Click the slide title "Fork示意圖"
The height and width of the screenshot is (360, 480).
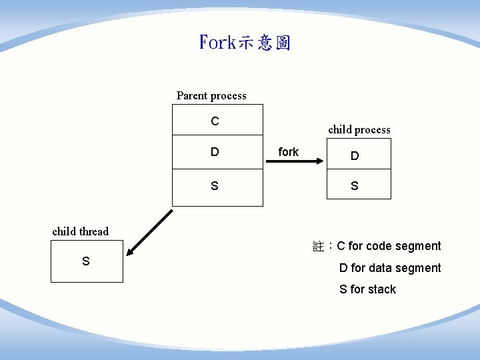pyautogui.click(x=245, y=43)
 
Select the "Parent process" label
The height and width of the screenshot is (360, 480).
pyautogui.click(x=211, y=96)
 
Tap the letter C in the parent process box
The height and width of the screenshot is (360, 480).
pyautogui.click(x=215, y=121)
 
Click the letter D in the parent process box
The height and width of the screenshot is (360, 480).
pyautogui.click(x=215, y=152)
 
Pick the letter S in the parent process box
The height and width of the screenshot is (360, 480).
pyautogui.click(x=215, y=186)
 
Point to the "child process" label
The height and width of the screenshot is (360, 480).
pyautogui.click(x=359, y=130)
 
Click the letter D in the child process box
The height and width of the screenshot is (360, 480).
pyautogui.click(x=355, y=156)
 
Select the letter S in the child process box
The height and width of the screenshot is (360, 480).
pyautogui.click(x=355, y=186)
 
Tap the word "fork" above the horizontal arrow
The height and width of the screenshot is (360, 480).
pyautogui.click(x=289, y=152)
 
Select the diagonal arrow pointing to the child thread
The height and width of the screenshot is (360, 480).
pyautogui.click(x=150, y=233)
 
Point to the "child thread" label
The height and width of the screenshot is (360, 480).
pyautogui.click(x=80, y=232)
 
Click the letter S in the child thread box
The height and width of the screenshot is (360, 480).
pyautogui.click(x=86, y=261)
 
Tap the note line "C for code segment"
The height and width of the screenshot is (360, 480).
pyautogui.click(x=389, y=246)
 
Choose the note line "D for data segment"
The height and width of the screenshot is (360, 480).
pyautogui.click(x=390, y=268)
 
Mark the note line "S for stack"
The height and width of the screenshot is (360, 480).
pyautogui.click(x=367, y=289)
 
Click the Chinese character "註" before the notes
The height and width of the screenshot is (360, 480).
pyautogui.click(x=318, y=247)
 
